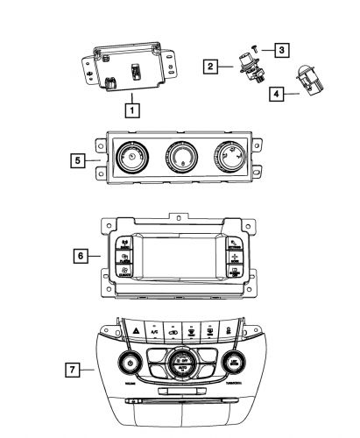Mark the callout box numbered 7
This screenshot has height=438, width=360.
click(x=74, y=369)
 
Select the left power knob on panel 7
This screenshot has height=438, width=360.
click(x=130, y=363)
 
